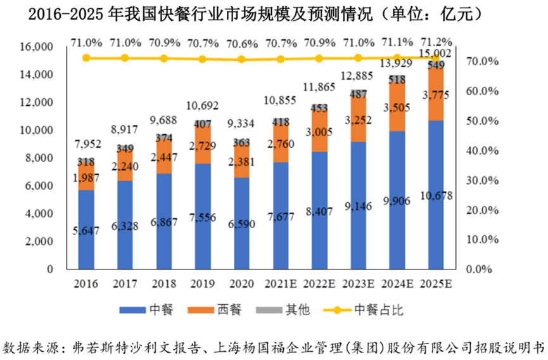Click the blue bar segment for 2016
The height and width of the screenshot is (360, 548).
pos(86,229)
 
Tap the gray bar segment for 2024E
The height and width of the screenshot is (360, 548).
pos(397,79)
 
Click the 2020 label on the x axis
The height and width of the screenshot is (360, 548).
pos(241,283)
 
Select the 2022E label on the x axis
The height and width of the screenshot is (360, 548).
pos(319,283)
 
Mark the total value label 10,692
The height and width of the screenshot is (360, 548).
pos(202,106)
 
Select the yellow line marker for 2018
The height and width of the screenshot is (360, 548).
pos(163,58)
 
